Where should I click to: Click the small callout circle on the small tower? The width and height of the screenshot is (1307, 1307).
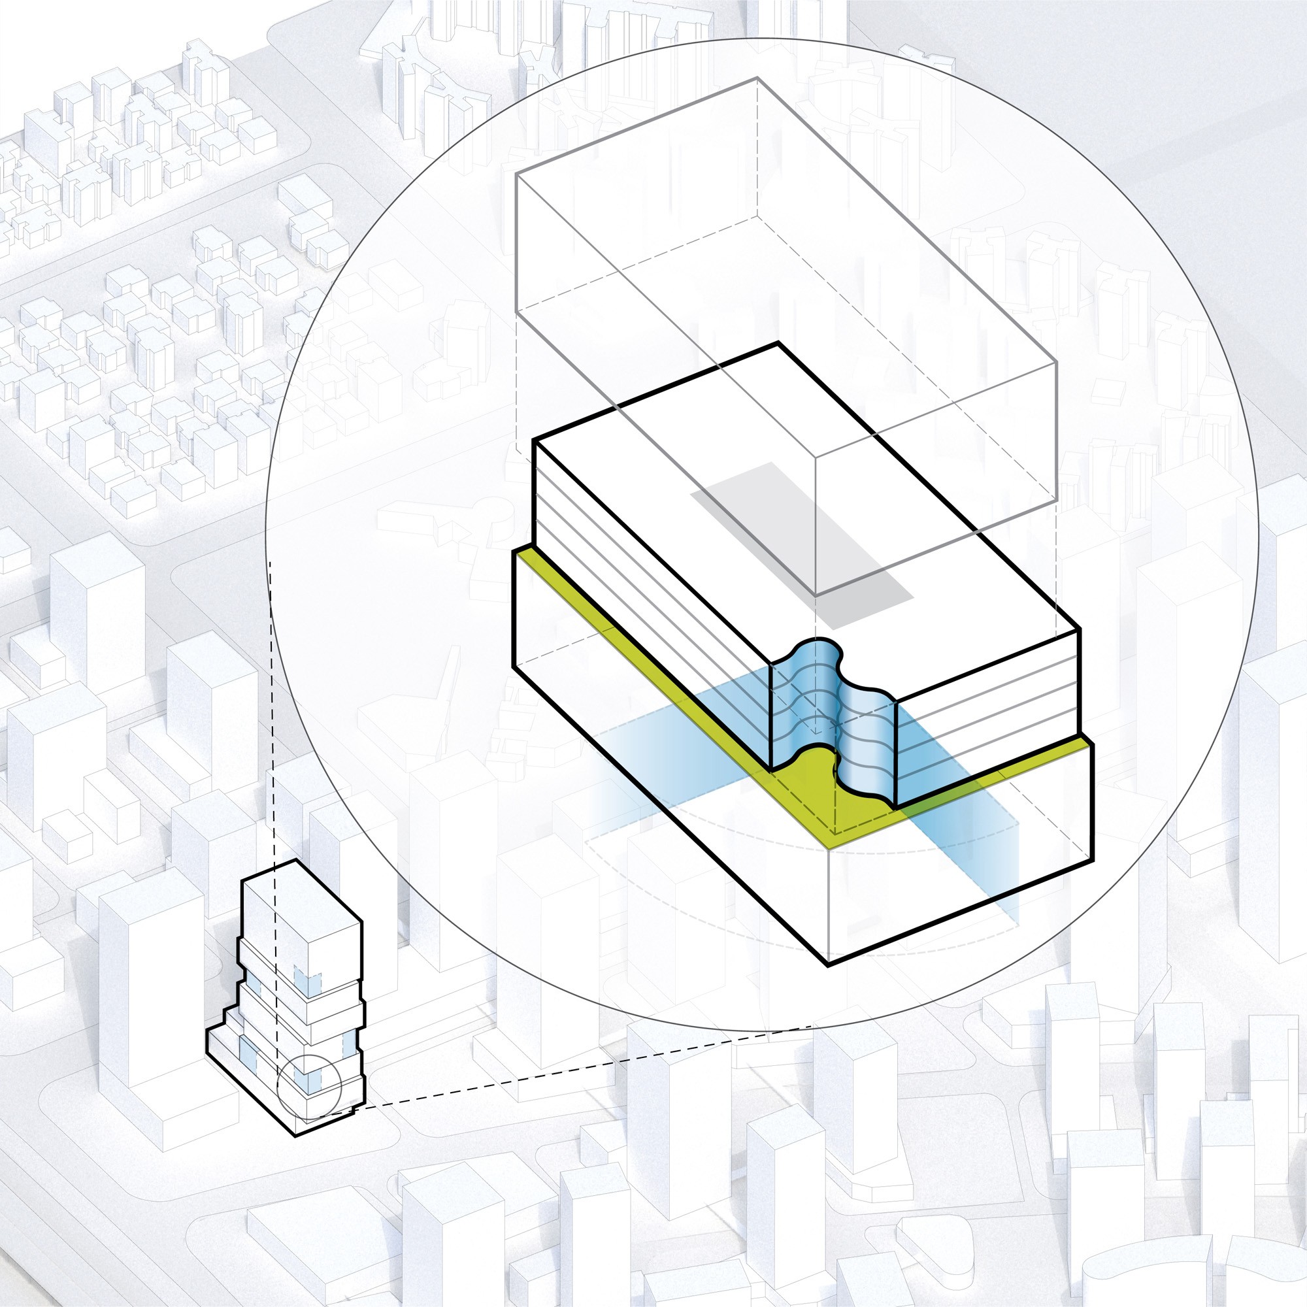tap(308, 1085)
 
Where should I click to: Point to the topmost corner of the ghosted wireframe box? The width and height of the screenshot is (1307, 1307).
tap(756, 78)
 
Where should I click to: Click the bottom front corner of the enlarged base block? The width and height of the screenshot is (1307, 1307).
tap(828, 964)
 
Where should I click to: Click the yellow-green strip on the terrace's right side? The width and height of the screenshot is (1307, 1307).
tap(981, 785)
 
